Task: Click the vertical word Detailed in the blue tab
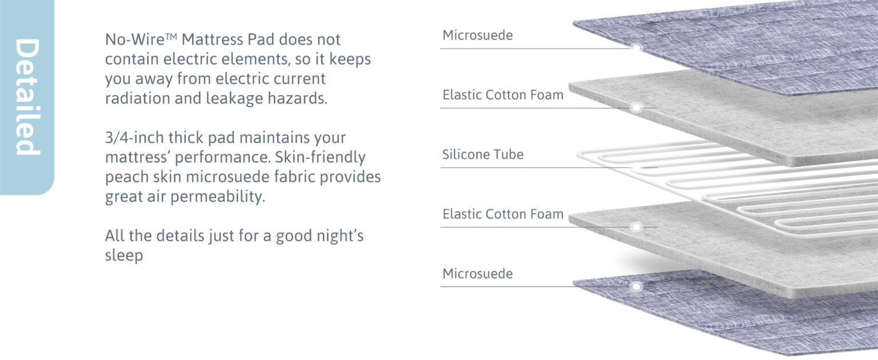pyautogui.click(x=27, y=97)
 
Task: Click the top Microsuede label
pyautogui.click(x=477, y=35)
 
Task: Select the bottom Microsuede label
pyautogui.click(x=477, y=274)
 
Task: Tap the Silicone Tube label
pyautogui.click(x=482, y=154)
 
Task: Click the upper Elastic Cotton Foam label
pyautogui.click(x=502, y=95)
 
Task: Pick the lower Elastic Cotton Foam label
pyautogui.click(x=502, y=214)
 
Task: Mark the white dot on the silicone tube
pyautogui.click(x=635, y=167)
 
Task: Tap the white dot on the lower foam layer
pyautogui.click(x=635, y=227)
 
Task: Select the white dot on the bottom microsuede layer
pyautogui.click(x=635, y=286)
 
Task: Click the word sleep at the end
pyautogui.click(x=123, y=255)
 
